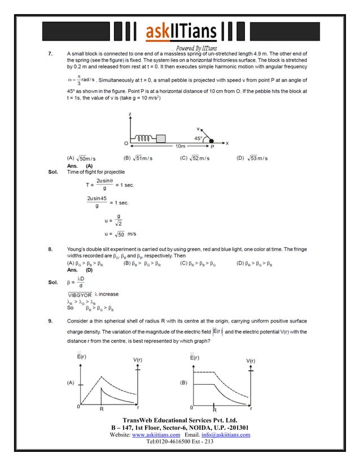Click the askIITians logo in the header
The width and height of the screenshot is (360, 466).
pos(180,32)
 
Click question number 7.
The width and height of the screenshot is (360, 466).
pos(51,54)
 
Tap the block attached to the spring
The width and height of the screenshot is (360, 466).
pos(161,138)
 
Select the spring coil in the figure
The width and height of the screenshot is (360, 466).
pos(144,138)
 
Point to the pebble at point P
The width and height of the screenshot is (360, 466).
pos(212,140)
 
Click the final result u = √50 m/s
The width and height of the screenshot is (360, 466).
pos(120,233)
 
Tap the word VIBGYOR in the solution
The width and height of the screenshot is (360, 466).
pos(80,294)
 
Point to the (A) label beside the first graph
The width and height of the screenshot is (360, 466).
pos(71,382)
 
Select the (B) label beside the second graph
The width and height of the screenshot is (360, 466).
pos(183,382)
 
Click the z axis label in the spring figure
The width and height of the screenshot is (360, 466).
pos(130,115)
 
